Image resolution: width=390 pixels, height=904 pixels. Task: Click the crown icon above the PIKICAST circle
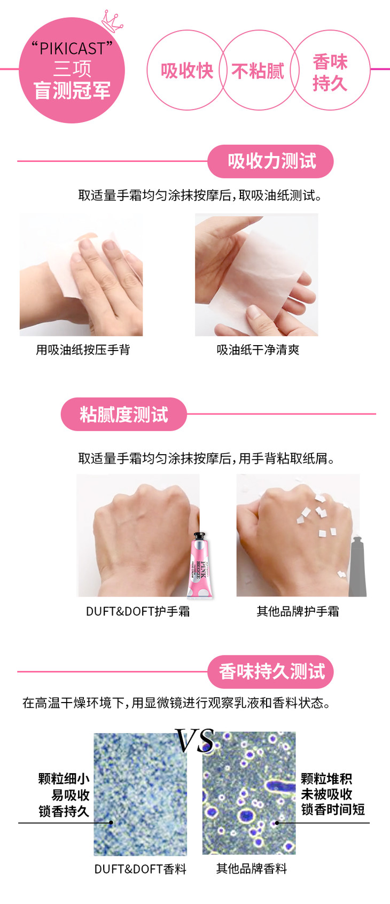pyautogui.click(x=112, y=21)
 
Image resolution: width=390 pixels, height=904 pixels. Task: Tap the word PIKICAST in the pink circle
pyautogui.click(x=72, y=49)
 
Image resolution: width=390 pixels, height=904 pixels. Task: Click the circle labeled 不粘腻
pyautogui.click(x=259, y=70)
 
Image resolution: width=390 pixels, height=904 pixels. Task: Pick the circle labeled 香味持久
pyautogui.click(x=330, y=70)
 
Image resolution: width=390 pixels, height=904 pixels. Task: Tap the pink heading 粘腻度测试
pyautogui.click(x=123, y=414)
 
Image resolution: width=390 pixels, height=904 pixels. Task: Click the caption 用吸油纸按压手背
pyautogui.click(x=83, y=349)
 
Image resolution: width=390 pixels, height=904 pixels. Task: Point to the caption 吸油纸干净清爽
pyautogui.click(x=258, y=349)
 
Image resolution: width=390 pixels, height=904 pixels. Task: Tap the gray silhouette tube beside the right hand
pyautogui.click(x=357, y=566)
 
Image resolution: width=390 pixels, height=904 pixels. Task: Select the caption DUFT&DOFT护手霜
pyautogui.click(x=138, y=611)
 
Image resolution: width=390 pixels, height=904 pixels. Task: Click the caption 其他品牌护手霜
pyautogui.click(x=298, y=611)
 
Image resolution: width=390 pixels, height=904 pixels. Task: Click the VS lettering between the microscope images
pyautogui.click(x=194, y=741)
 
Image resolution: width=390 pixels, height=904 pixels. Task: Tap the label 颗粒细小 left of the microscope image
pyautogui.click(x=64, y=778)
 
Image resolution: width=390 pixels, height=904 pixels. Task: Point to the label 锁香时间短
pyautogui.click(x=333, y=809)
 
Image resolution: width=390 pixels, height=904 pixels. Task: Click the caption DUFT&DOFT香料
pyautogui.click(x=140, y=869)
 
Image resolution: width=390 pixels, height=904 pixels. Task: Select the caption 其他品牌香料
pyautogui.click(x=252, y=868)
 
